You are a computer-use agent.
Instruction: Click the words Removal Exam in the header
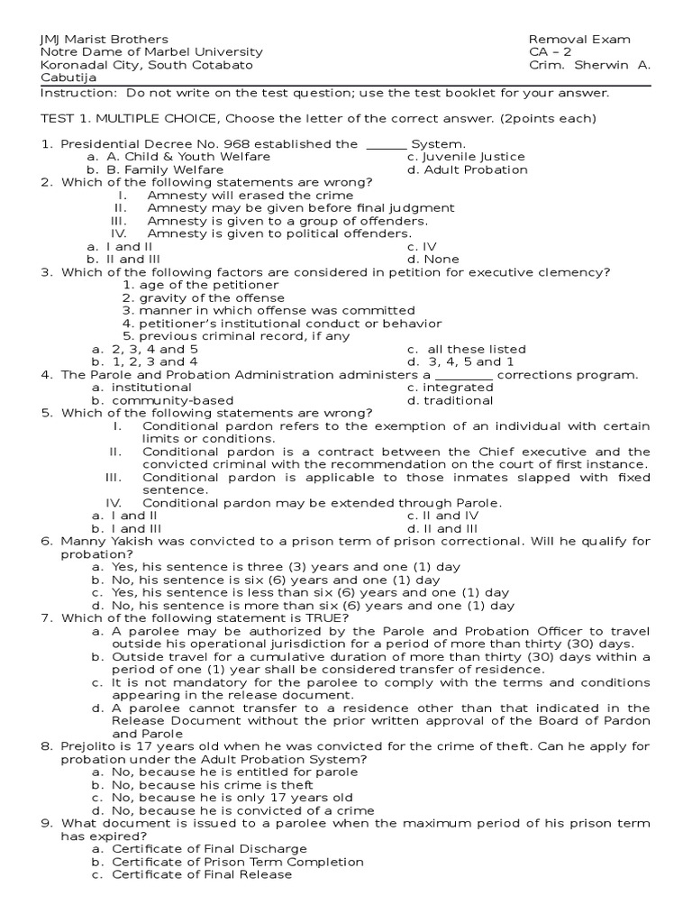[579, 40]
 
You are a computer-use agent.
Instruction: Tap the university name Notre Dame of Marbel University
[151, 52]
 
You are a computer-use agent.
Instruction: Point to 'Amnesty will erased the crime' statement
[250, 196]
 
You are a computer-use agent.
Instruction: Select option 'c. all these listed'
[466, 349]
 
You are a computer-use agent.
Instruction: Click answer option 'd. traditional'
[450, 400]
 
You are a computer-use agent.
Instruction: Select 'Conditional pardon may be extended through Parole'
[322, 503]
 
